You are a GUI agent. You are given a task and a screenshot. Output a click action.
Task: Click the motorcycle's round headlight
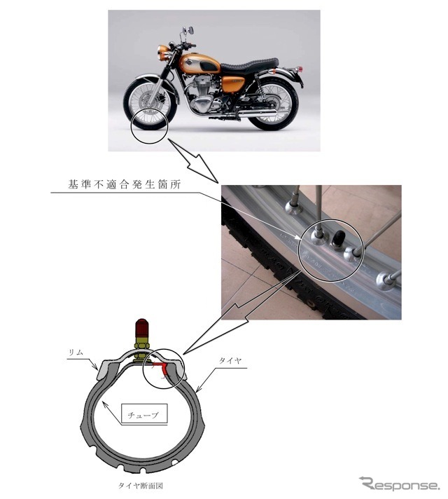(x=163, y=53)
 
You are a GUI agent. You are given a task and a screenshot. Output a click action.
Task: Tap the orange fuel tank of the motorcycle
(x=199, y=64)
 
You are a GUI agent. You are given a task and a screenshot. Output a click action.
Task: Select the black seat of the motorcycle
(x=249, y=65)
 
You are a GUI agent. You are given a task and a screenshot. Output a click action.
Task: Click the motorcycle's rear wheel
(x=274, y=104)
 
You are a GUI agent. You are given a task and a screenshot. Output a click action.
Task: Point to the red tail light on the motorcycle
(x=300, y=69)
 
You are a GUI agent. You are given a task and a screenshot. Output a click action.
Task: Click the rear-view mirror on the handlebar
(x=191, y=31)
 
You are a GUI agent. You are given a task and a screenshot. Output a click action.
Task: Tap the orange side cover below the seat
(x=233, y=83)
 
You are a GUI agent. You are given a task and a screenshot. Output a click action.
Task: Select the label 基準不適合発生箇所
(x=125, y=184)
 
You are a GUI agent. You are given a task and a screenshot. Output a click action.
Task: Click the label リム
(x=76, y=352)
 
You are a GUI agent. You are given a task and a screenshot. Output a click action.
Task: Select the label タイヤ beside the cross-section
(x=230, y=360)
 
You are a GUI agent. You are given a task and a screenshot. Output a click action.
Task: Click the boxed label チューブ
(x=144, y=413)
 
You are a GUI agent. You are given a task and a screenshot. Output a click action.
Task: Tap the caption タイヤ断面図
(x=141, y=486)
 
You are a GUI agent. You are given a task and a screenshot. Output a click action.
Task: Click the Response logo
(x=399, y=484)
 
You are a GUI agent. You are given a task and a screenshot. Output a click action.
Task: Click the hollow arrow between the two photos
(x=195, y=162)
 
